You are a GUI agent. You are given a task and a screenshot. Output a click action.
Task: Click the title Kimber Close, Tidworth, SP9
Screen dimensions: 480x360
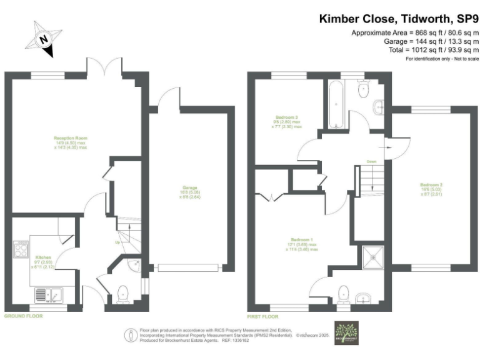point(399,19)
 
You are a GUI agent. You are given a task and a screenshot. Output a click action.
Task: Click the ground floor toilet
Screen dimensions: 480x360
point(122,292)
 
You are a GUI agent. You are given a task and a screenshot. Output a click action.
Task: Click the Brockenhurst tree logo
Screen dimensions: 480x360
point(346,332)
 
